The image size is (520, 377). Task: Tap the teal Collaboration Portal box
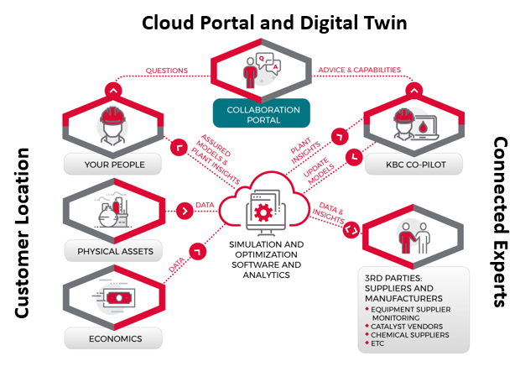[x=261, y=115]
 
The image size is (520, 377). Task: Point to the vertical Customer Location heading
[x=23, y=233]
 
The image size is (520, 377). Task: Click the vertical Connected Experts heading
[x=500, y=222]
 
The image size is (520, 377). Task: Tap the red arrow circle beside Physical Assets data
[x=182, y=209]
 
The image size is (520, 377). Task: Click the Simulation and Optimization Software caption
[x=264, y=255]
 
